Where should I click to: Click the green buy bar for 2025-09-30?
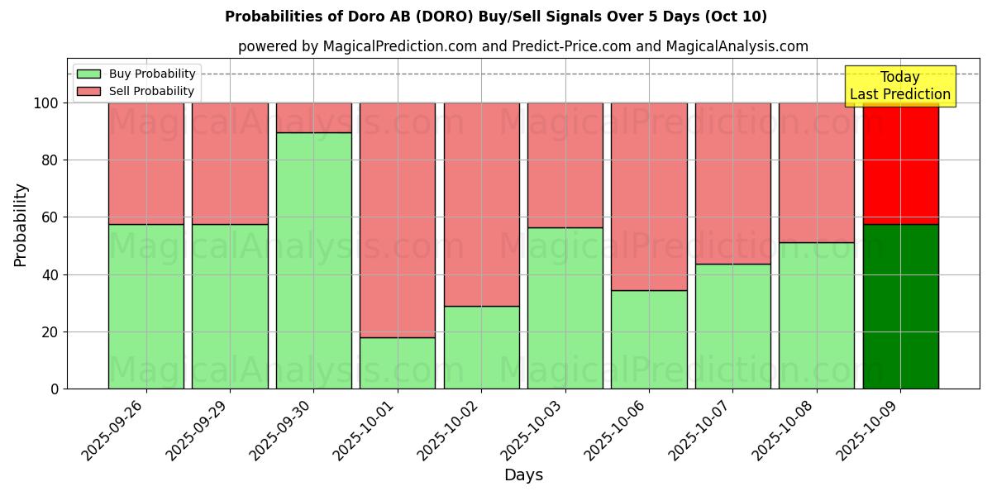click(313, 260)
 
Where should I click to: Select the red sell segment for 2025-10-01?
click(398, 220)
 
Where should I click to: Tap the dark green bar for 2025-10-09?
click(900, 306)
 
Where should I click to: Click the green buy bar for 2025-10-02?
click(481, 347)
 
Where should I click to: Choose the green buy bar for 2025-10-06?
click(649, 339)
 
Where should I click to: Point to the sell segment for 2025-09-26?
click(146, 164)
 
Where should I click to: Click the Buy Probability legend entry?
click(136, 74)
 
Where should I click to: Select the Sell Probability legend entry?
click(136, 91)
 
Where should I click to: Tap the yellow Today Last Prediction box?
click(899, 86)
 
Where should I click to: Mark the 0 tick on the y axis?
click(55, 389)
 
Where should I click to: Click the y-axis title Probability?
click(21, 225)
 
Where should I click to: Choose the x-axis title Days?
click(523, 475)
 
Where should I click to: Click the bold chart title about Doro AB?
click(496, 17)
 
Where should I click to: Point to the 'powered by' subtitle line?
click(523, 46)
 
